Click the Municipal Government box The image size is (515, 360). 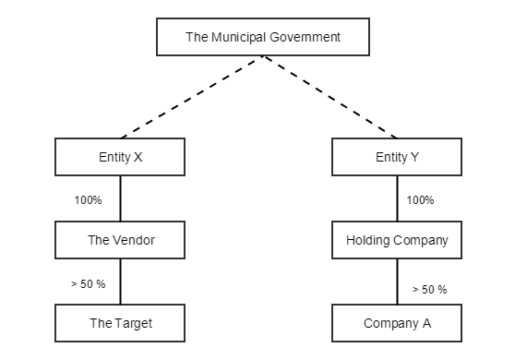[263, 38]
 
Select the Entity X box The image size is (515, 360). [120, 157]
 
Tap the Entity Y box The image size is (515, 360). [397, 157]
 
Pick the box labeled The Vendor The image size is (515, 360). [120, 240]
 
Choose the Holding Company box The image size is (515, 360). [397, 240]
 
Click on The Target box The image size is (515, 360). [120, 323]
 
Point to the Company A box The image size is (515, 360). [397, 323]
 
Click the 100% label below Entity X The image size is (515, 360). [88, 199]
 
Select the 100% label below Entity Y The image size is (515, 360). [420, 199]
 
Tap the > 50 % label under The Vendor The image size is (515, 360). [89, 283]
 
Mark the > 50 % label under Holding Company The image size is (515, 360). [428, 289]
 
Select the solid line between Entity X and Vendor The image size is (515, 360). [121, 198]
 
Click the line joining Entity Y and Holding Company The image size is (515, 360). [398, 198]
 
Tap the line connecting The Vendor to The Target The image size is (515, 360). [121, 282]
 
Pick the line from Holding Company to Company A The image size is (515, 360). [398, 282]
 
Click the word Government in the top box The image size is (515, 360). [306, 38]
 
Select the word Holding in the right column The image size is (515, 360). [366, 240]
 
